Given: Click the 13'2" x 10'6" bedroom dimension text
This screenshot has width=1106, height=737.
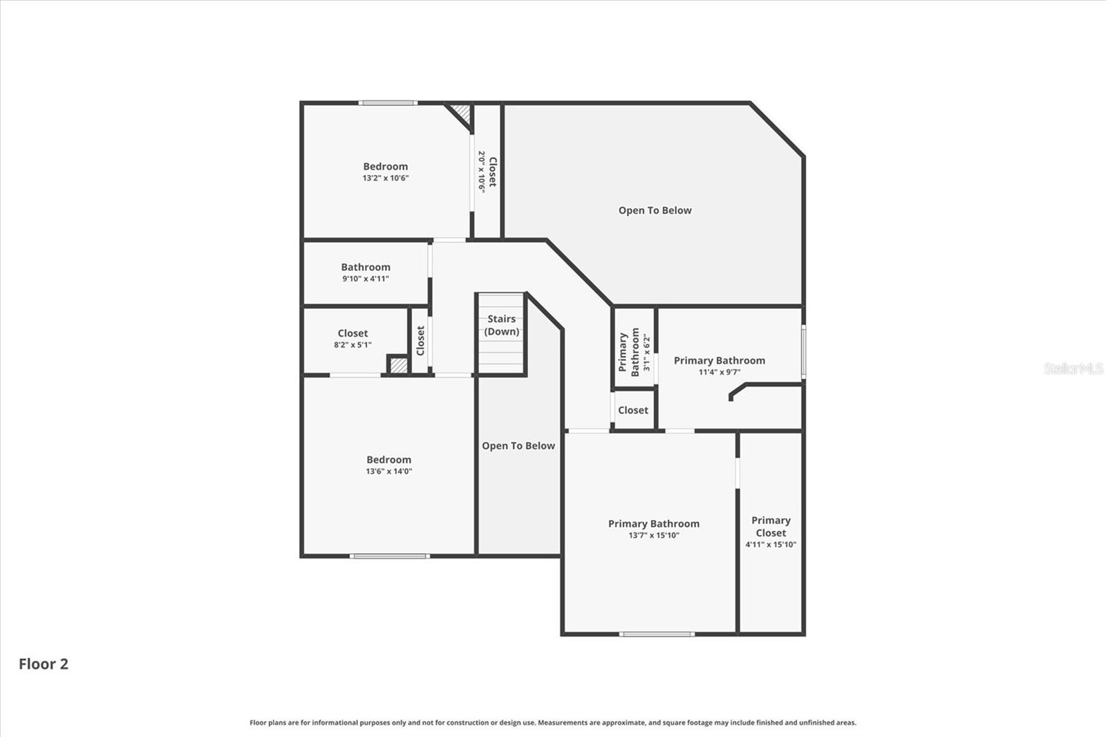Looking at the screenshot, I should point(386,178).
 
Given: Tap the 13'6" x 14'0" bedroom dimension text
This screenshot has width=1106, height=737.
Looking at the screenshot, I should point(388,472).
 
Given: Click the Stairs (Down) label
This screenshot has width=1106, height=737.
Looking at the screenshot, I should point(502,325).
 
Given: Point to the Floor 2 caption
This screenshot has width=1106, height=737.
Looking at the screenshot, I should point(44,664).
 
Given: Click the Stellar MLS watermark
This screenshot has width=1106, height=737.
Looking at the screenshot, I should point(1073,368).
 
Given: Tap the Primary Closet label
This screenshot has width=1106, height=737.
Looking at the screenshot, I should point(771,526).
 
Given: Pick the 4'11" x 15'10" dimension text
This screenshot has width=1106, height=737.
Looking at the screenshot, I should point(771,545).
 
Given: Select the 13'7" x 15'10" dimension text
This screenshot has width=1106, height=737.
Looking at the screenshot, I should point(654,535).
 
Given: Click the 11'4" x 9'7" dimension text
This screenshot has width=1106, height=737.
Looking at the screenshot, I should point(720,372).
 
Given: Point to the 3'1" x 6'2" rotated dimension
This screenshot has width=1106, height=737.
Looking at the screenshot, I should point(647,353).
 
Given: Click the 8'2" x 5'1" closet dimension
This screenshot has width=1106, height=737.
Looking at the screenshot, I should point(353,345).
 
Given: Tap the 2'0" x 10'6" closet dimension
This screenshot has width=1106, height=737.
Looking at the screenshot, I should point(481,171).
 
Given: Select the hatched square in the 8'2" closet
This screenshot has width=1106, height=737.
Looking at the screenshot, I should point(398,364).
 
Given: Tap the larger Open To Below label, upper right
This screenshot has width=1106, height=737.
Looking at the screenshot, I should point(655,210).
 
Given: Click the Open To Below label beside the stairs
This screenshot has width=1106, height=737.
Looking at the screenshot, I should point(518,446).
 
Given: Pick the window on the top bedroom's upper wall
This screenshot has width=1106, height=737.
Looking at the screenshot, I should point(388,103).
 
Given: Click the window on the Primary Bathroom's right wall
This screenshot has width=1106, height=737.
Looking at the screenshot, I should point(803,352).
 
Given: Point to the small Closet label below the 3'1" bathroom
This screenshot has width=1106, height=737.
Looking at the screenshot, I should point(633,410).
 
